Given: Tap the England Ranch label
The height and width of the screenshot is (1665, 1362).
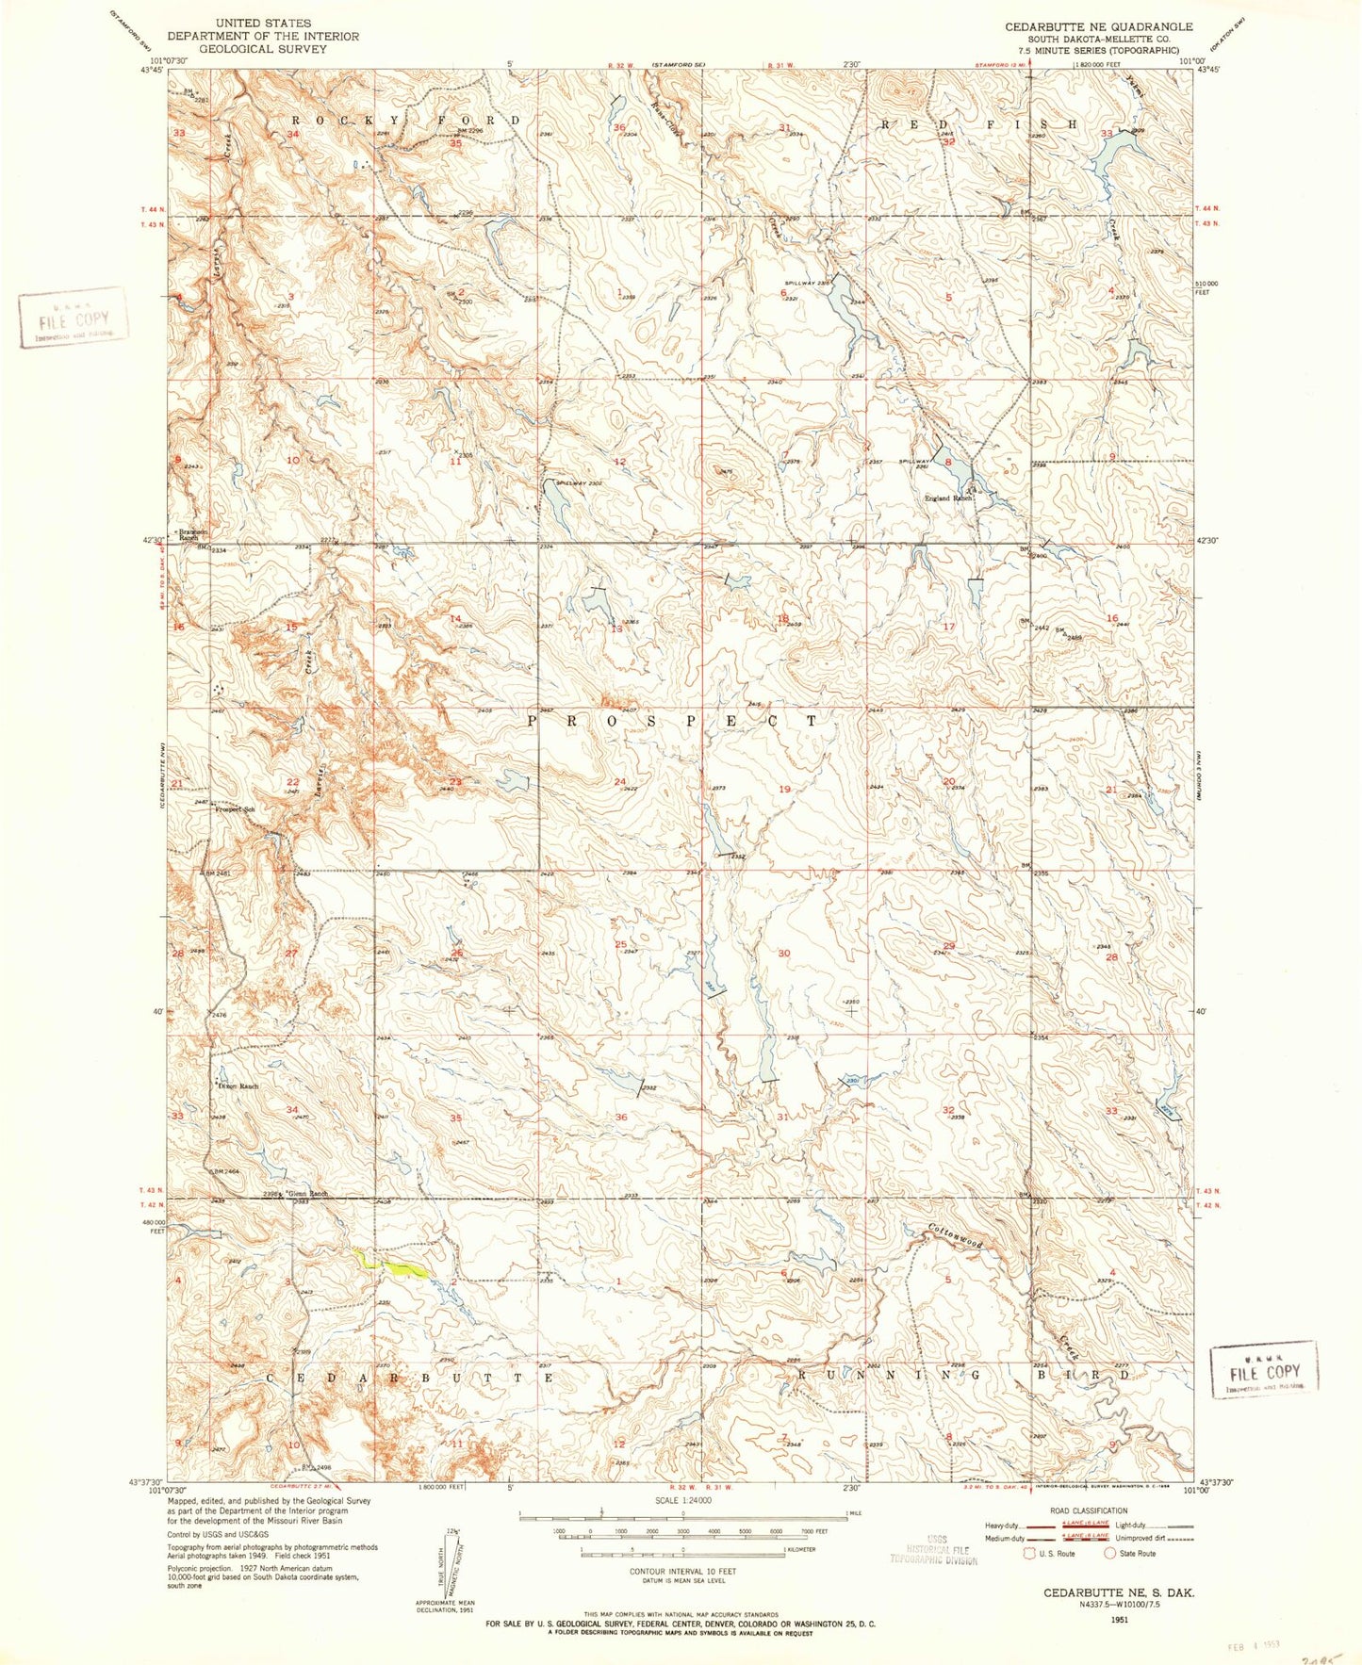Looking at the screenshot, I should tap(948, 498).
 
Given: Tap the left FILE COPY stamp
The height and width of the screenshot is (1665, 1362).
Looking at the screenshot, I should tap(73, 318).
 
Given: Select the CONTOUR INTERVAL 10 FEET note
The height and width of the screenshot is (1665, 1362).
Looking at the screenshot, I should tap(682, 1572).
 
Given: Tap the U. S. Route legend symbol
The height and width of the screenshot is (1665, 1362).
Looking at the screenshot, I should tap(1030, 1553).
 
